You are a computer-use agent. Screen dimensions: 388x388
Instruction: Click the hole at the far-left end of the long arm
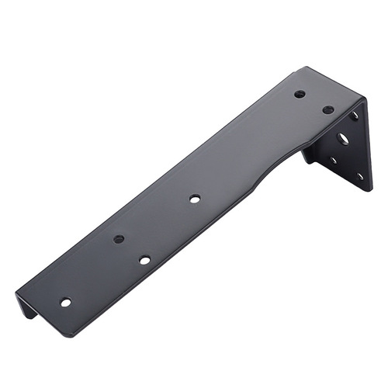pos(65,302)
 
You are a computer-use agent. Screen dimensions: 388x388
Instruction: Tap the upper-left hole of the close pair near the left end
pos(119,239)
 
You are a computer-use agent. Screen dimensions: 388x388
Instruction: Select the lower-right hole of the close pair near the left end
pos(145,259)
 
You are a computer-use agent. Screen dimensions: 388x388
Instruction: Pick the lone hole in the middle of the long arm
pos(194,199)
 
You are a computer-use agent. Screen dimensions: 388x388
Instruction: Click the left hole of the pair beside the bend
pos(300,94)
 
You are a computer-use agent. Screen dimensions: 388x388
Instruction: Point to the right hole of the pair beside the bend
pos(328,109)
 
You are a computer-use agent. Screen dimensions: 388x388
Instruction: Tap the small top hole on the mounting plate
pos(355,116)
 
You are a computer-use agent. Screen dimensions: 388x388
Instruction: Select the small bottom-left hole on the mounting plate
pos(333,161)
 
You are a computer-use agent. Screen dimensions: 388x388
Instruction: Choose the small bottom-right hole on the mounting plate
pos(359,176)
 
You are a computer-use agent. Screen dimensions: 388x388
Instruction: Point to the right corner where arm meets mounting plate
pos(363,99)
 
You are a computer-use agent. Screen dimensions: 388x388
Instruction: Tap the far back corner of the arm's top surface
pos(298,68)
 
